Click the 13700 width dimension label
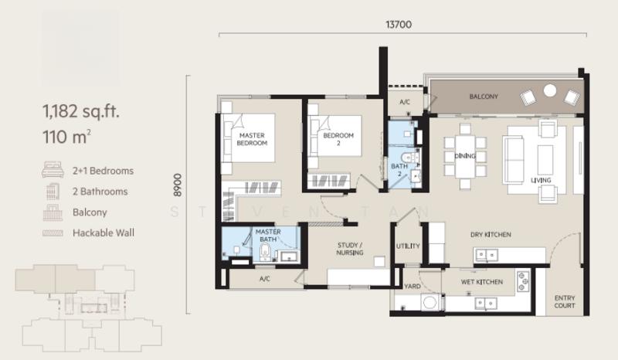click(399, 25)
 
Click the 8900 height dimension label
click(178, 185)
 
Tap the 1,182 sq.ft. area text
click(81, 111)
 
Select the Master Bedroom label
click(252, 139)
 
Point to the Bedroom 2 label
click(338, 139)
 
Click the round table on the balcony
click(550, 90)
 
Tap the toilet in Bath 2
click(411, 158)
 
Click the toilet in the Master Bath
click(266, 251)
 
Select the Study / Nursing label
click(350, 249)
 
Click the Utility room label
click(408, 246)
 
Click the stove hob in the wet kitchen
click(523, 281)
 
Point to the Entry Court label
click(565, 301)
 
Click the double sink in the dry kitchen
click(487, 255)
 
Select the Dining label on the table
click(465, 156)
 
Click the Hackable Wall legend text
click(104, 233)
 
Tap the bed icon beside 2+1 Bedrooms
click(53, 169)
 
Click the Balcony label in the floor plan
click(484, 97)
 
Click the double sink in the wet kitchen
click(486, 304)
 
